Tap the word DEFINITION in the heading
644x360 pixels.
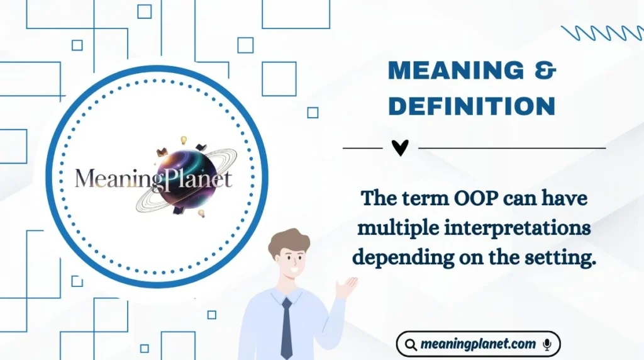(472, 106)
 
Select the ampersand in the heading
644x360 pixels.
(547, 70)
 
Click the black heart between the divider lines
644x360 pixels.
(400, 148)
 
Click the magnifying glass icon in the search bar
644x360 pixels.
(411, 345)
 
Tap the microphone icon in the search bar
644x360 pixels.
(547, 344)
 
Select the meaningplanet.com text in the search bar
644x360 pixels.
(478, 344)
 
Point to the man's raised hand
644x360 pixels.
(345, 288)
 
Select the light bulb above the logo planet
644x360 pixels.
(184, 140)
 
